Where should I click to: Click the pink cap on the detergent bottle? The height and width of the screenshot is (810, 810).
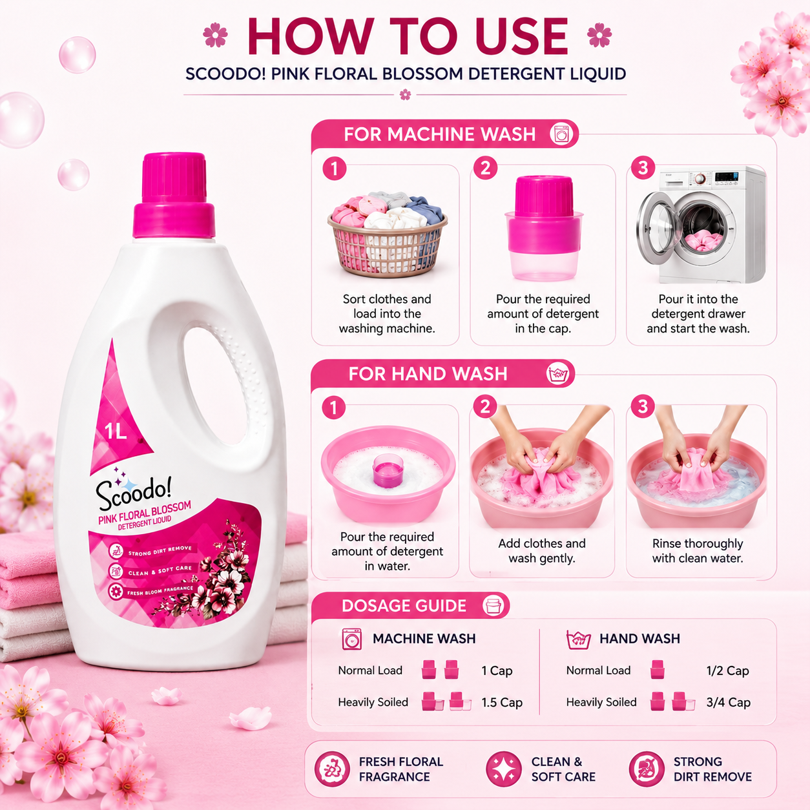174,196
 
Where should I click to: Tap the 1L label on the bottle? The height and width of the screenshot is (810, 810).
116,431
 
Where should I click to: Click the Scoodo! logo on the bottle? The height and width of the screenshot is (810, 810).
134,492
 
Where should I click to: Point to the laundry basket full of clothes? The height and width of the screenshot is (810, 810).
387,234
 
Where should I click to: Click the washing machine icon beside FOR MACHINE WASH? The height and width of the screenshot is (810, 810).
561,134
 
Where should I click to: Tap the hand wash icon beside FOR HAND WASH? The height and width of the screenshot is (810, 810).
558,374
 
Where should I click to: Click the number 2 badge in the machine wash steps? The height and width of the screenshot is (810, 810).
485,169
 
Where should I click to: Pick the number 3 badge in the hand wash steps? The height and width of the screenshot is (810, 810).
642,407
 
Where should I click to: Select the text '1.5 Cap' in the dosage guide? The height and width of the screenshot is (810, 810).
501,702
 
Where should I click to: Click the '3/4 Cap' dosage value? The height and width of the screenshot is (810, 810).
728,702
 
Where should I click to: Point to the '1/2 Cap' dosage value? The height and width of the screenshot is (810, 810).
727,670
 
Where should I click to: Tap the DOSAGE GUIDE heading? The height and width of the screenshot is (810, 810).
404,606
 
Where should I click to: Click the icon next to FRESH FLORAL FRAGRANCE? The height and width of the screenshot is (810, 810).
332,769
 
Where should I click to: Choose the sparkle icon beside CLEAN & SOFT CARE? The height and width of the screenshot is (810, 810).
504,769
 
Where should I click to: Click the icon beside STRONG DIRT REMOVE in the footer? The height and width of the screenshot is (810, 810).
647,769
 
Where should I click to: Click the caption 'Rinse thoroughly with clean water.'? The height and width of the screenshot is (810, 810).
698,550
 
